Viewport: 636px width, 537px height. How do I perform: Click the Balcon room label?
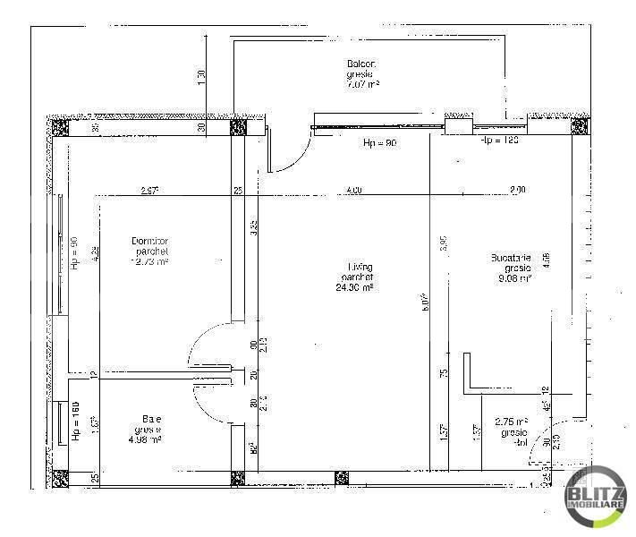361,64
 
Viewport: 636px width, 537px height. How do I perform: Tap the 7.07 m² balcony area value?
363,84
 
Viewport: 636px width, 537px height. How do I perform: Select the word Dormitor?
149,241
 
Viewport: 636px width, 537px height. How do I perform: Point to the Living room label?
360,267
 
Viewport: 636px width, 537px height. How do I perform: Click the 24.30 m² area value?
354,287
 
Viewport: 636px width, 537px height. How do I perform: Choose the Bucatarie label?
511,258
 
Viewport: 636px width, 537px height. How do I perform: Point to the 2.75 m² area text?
512,421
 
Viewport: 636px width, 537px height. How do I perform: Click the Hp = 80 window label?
378,143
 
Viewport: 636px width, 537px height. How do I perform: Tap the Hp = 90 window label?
75,253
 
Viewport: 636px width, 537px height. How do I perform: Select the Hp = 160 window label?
76,421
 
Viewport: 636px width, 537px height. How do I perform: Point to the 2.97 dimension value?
149,190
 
